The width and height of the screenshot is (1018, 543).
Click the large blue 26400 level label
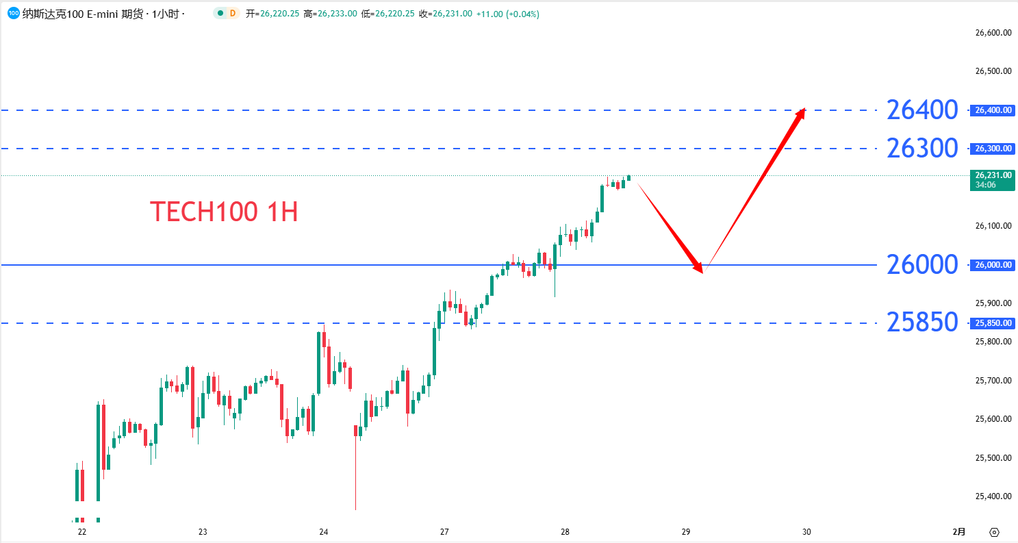[x=921, y=110]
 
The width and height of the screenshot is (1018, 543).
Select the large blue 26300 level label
[x=921, y=148]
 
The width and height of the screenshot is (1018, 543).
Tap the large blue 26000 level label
[x=921, y=264]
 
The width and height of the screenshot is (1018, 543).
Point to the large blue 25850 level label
[x=921, y=323]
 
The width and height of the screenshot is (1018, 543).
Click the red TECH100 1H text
[x=224, y=212]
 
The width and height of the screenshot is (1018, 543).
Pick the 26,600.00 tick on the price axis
[x=993, y=32]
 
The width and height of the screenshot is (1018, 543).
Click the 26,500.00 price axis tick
[x=993, y=71]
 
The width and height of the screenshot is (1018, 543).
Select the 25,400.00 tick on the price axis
[x=993, y=496]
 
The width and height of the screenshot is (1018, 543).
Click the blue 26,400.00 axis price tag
[x=992, y=110]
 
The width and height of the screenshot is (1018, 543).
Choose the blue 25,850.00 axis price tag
[x=992, y=323]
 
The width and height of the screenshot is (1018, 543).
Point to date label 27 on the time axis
[x=444, y=532]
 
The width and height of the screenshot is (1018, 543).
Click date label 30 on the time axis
[x=807, y=532]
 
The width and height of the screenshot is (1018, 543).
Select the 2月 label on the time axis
[x=960, y=532]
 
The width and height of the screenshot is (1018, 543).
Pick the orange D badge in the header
[x=233, y=14]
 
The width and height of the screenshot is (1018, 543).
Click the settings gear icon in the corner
[x=995, y=532]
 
